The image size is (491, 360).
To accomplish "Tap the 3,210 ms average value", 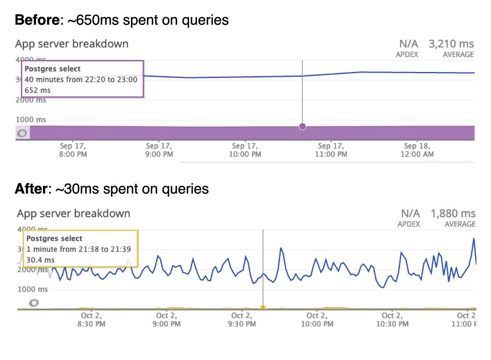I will (x=451, y=44).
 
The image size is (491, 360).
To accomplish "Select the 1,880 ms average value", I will (x=453, y=213).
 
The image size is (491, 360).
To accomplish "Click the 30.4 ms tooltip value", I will (x=41, y=260).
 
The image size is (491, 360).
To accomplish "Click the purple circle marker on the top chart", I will (x=302, y=127).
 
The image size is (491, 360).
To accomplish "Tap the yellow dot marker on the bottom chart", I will (x=263, y=308).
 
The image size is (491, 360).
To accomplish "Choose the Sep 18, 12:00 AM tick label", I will (x=416, y=150).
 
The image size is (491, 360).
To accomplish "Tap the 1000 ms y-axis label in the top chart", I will (x=31, y=120).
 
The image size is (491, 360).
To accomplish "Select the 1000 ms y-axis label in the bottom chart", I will (x=32, y=290).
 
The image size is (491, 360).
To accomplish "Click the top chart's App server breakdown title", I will (x=72, y=44).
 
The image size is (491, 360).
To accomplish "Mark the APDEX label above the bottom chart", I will (x=409, y=224).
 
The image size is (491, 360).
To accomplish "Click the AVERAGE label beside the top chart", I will (x=458, y=54).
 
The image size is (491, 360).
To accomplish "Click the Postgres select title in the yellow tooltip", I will (x=54, y=238).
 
